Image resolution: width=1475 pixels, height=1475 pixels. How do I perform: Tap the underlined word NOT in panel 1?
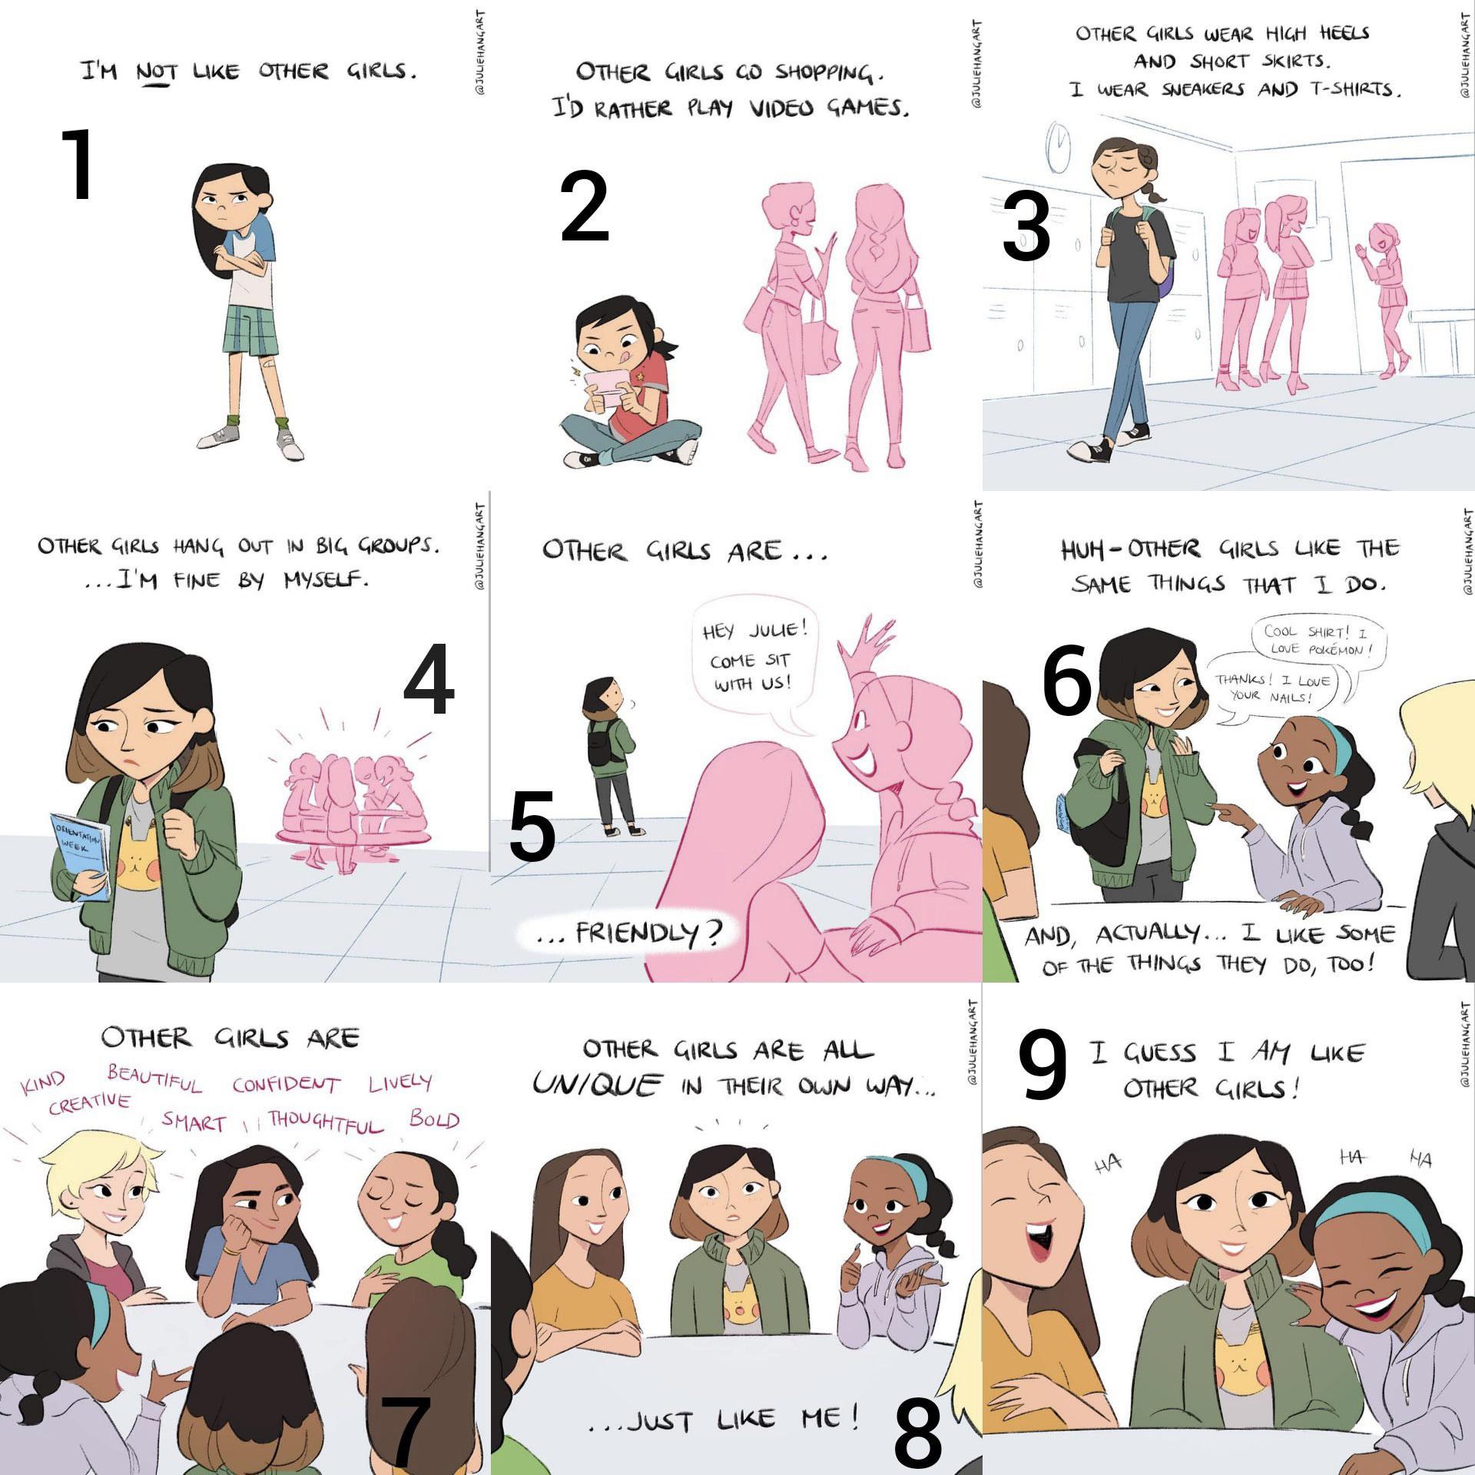(156, 73)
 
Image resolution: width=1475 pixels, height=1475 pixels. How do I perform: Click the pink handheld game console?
(602, 391)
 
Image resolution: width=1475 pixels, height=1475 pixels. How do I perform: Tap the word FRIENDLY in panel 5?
(648, 933)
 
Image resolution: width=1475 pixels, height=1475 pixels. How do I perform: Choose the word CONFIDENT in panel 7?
(286, 1085)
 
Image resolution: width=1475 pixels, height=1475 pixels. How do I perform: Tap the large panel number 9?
(1042, 1064)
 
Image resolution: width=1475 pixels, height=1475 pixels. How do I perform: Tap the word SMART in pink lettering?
(194, 1122)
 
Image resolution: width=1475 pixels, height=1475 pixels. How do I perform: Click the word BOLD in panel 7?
(434, 1119)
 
